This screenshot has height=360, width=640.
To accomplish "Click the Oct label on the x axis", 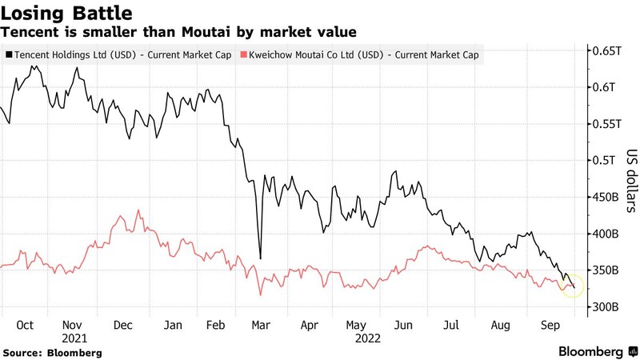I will pos(25,325).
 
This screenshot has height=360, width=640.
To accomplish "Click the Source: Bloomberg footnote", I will pos(53,352).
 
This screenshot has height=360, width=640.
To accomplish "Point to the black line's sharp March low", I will pos(261,258).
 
